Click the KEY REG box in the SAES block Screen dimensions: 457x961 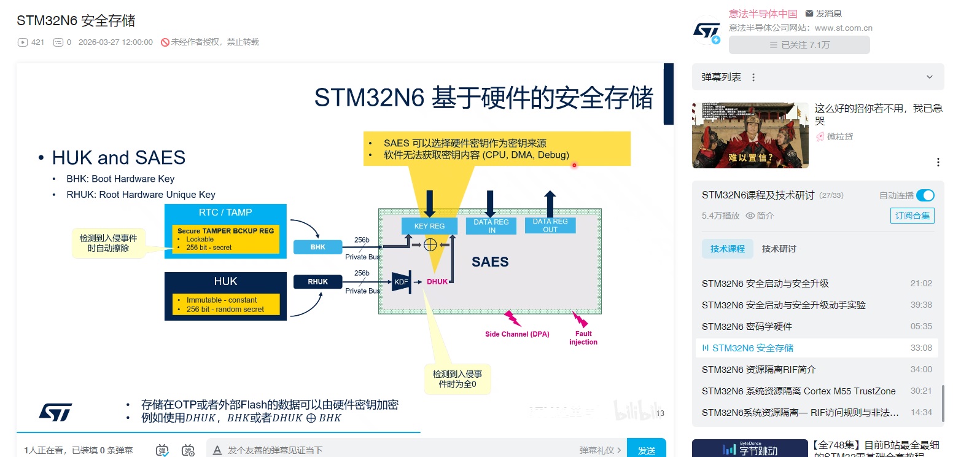coord(429,225)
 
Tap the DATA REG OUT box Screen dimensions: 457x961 coord(550,225)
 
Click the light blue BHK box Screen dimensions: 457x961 coord(317,247)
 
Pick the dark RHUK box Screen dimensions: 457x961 coord(317,282)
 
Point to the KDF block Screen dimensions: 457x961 coord(401,282)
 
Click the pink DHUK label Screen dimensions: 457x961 coord(437,282)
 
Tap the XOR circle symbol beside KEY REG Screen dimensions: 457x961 coord(430,244)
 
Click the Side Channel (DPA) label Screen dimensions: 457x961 coord(517,334)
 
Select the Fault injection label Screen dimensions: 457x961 coord(583,338)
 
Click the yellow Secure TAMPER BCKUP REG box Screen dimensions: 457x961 coord(225,239)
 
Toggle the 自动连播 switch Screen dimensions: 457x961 coord(925,195)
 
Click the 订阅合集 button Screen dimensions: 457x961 coord(912,216)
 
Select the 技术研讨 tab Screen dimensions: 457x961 coord(779,249)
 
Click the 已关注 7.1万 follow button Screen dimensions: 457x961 coord(799,45)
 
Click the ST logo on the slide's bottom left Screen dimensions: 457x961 coord(55,412)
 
